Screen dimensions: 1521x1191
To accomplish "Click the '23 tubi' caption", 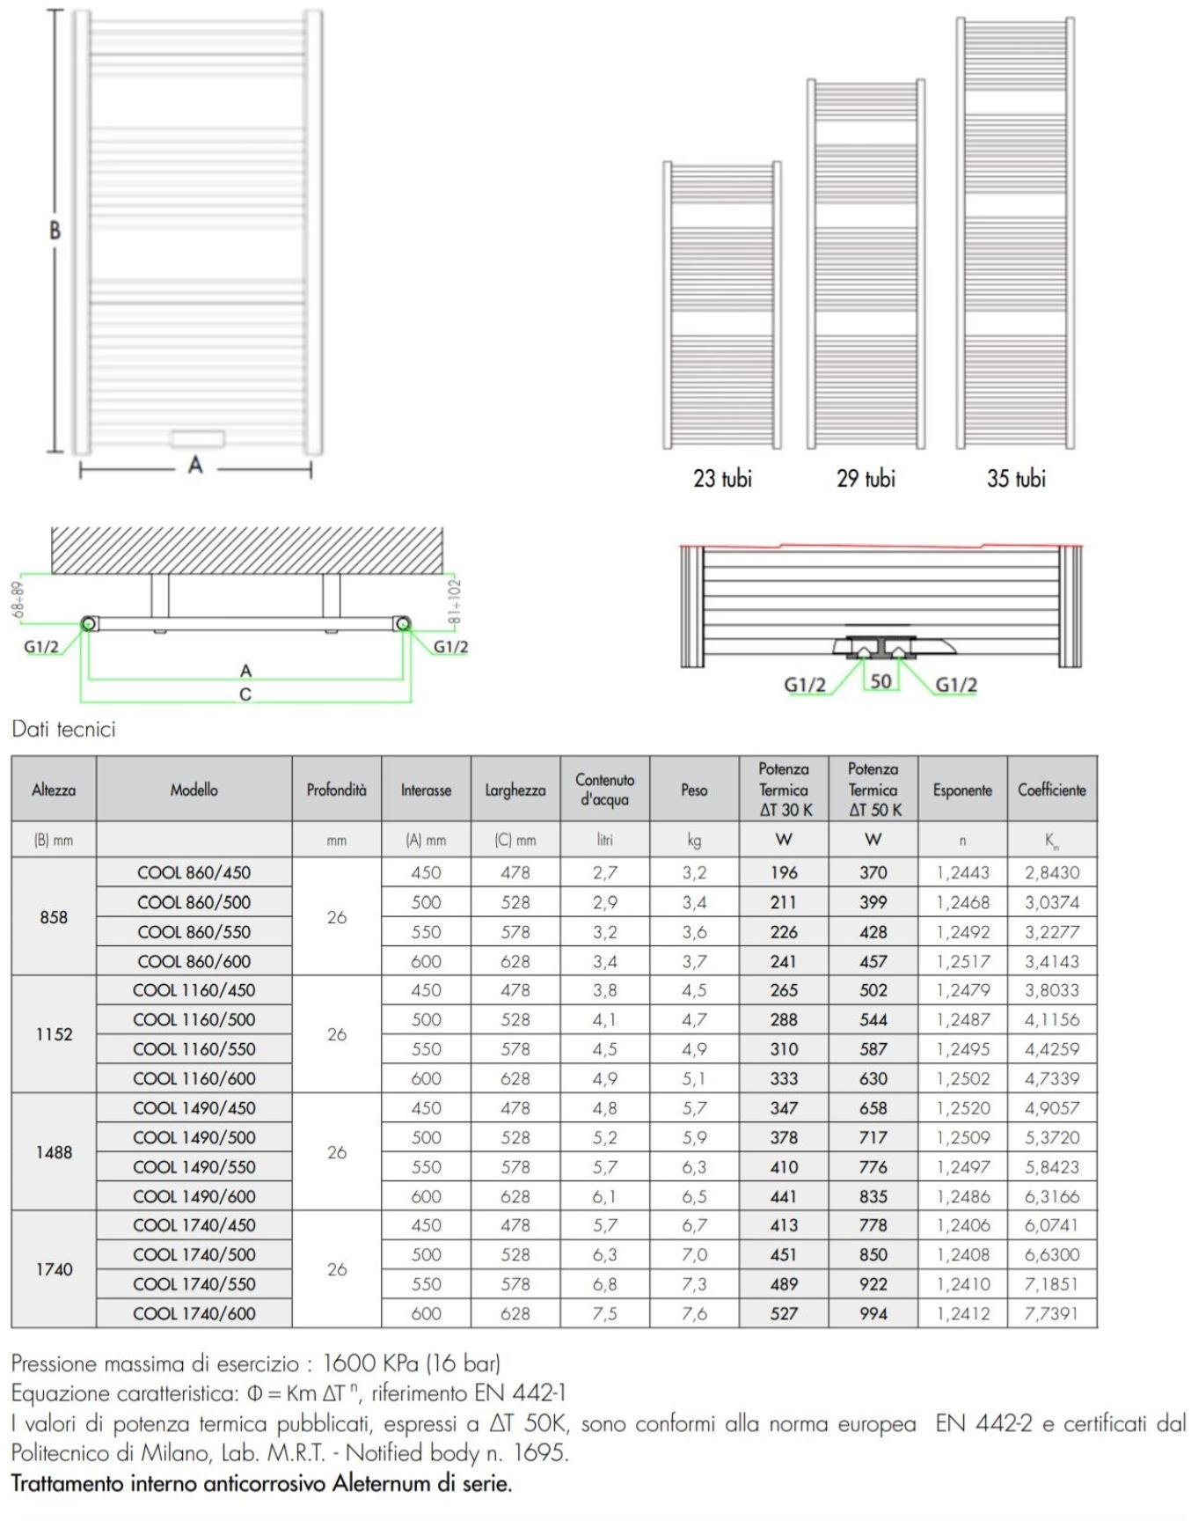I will click(x=722, y=479).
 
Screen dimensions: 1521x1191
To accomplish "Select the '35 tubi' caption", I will click(x=1016, y=479).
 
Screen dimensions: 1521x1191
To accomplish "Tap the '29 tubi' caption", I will click(x=866, y=479).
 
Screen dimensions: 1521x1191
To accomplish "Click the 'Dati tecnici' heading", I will click(x=64, y=729).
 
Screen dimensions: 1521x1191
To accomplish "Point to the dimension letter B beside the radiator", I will click(x=55, y=231).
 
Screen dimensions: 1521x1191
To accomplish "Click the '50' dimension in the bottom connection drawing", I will click(x=880, y=680).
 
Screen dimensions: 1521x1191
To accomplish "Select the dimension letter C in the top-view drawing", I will click(x=245, y=694).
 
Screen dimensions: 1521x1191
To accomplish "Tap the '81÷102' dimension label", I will click(x=455, y=601).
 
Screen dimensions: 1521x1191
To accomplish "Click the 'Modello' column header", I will click(x=194, y=790).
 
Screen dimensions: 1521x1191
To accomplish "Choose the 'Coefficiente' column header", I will click(x=1052, y=790).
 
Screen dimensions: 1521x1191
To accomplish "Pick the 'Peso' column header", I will click(x=694, y=790).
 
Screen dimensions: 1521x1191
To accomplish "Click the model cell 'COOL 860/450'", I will click(x=194, y=872).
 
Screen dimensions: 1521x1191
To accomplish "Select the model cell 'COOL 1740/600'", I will click(x=194, y=1313).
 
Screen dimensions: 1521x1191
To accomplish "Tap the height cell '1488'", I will click(x=54, y=1152).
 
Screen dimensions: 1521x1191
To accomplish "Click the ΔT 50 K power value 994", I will click(x=873, y=1313).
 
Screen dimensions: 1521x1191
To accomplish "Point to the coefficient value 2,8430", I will click(x=1052, y=872).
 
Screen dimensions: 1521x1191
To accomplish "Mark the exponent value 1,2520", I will click(x=963, y=1108).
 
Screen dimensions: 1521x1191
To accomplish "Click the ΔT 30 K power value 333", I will click(x=784, y=1078).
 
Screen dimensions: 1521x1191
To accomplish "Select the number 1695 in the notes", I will click(x=538, y=1453).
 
